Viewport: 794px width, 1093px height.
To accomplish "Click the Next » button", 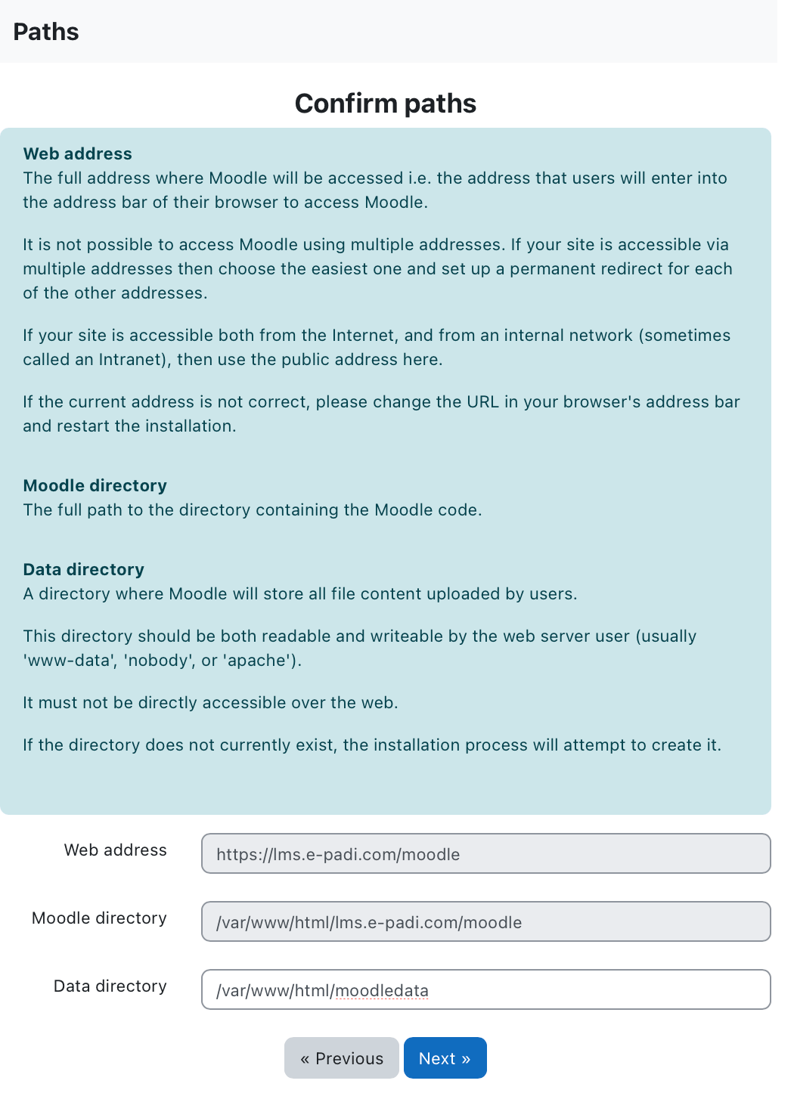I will pyautogui.click(x=445, y=1058).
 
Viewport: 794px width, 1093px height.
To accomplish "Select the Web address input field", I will pyautogui.click(x=485, y=853).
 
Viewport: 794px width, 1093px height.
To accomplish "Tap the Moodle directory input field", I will pyautogui.click(x=485, y=921).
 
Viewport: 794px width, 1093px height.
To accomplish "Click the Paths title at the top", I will pyautogui.click(x=46, y=32).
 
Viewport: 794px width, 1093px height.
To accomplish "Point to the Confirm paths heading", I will pyautogui.click(x=385, y=104).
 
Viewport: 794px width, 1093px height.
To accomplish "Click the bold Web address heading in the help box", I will pyautogui.click(x=78, y=153).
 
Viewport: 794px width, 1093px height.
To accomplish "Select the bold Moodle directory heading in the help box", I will pyautogui.click(x=95, y=485).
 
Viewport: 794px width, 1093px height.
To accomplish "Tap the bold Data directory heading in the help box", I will pyautogui.click(x=84, y=569).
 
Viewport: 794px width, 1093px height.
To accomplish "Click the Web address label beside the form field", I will pyautogui.click(x=116, y=850).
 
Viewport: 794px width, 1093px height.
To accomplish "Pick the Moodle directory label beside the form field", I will pyautogui.click(x=100, y=918).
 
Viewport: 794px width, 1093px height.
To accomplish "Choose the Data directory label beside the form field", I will pyautogui.click(x=110, y=986).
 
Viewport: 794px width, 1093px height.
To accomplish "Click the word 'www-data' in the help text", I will pyautogui.click(x=67, y=660).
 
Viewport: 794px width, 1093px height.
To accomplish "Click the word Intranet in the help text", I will pyautogui.click(x=132, y=359).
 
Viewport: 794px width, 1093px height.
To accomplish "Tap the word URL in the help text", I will pyautogui.click(x=482, y=401).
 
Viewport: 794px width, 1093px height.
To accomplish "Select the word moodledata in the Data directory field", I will pyautogui.click(x=382, y=990).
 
